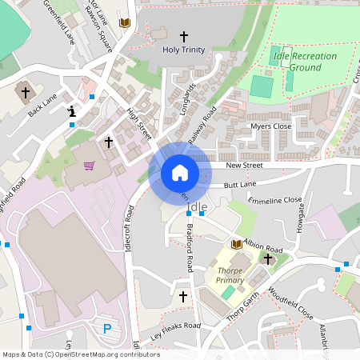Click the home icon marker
[180, 173]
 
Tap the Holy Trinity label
[184, 50]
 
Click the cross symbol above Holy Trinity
[184, 36]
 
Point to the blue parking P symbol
[108, 328]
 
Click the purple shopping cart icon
[90, 166]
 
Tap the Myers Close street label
[270, 126]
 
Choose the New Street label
[244, 165]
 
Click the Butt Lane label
[240, 184]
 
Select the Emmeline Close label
[275, 200]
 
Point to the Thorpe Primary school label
[230, 276]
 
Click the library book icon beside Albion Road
[237, 243]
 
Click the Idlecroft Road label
[128, 229]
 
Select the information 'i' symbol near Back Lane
[73, 112]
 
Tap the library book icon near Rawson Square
[124, 23]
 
